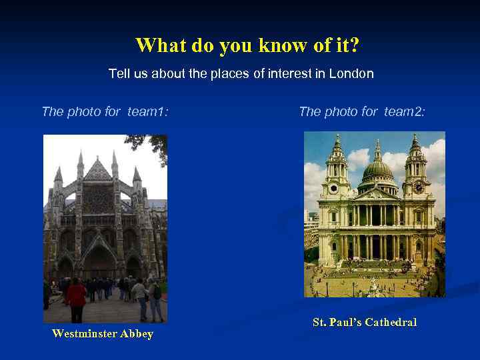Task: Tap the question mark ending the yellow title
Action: (x=355, y=45)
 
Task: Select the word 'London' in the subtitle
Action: (x=351, y=73)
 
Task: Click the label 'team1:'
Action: (x=147, y=111)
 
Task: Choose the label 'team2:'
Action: (x=403, y=111)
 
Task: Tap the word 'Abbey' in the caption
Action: (x=137, y=334)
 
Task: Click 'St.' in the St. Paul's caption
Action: (x=320, y=323)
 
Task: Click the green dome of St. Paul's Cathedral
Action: (x=377, y=171)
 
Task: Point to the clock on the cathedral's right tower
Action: (x=419, y=188)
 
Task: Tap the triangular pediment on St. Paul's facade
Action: (x=377, y=194)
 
